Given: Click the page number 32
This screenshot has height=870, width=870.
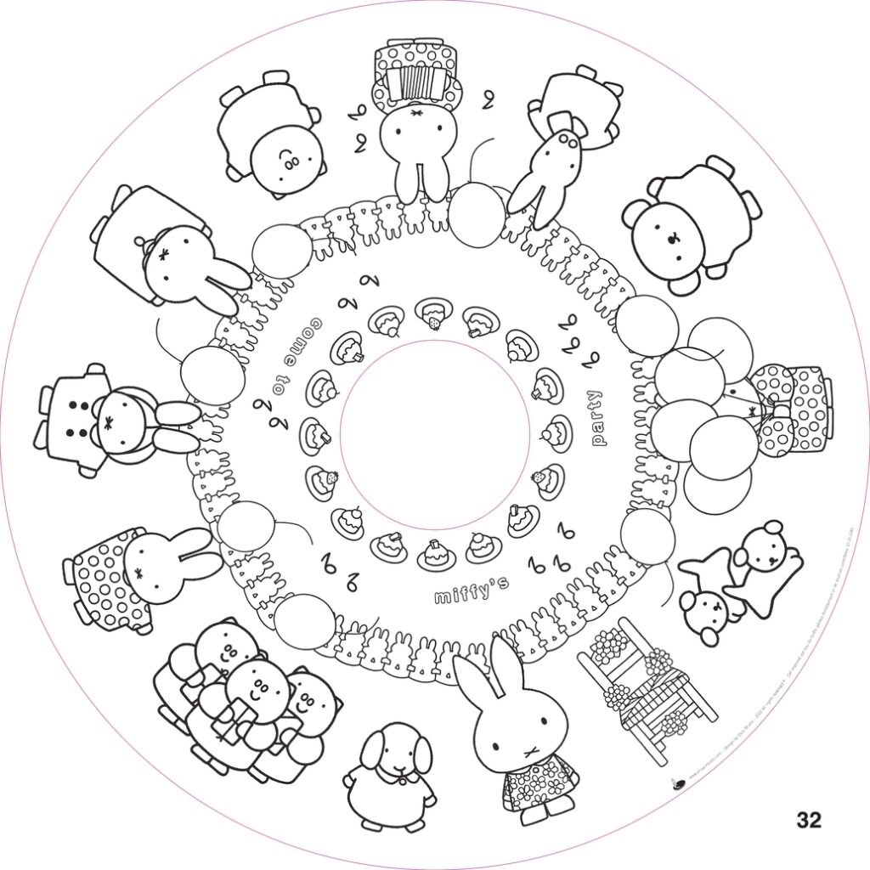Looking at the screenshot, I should point(809,820).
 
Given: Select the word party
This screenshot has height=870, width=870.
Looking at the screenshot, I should point(598,417).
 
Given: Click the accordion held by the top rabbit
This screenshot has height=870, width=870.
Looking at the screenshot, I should point(415,84).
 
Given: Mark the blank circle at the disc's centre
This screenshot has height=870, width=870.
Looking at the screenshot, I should point(434,435).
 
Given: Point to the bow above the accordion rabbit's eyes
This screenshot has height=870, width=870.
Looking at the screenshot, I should point(415,113).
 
